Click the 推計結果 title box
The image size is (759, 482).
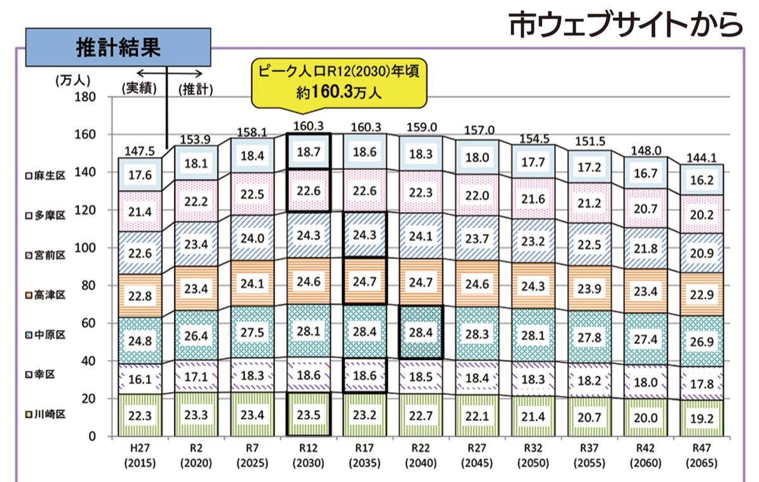point(118,46)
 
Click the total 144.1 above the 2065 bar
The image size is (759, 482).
point(702,159)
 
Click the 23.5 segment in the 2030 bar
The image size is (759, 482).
point(308,414)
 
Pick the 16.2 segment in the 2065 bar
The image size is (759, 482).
point(702,180)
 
